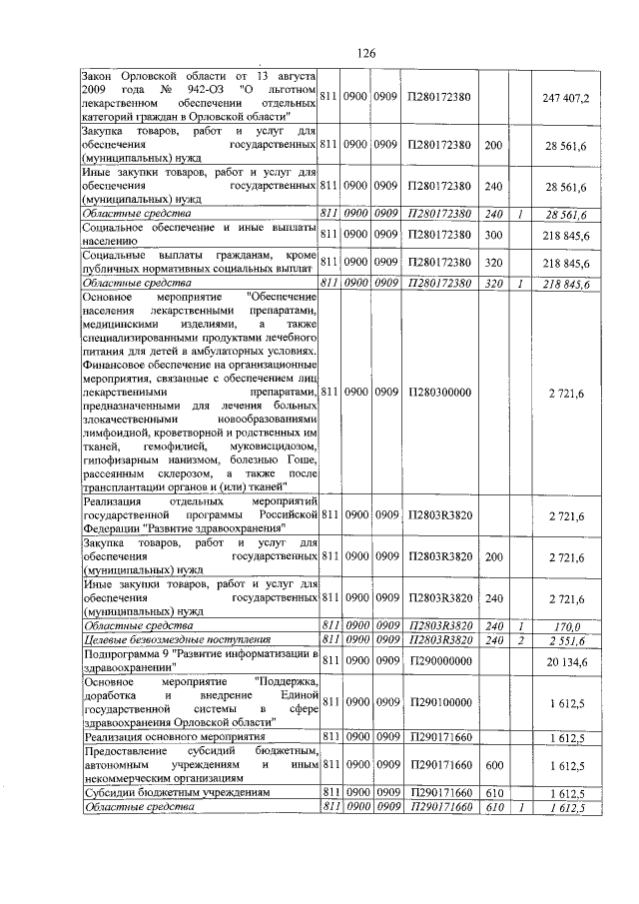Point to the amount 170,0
click(x=567, y=626)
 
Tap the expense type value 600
click(x=492, y=766)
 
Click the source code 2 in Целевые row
click(x=520, y=640)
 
